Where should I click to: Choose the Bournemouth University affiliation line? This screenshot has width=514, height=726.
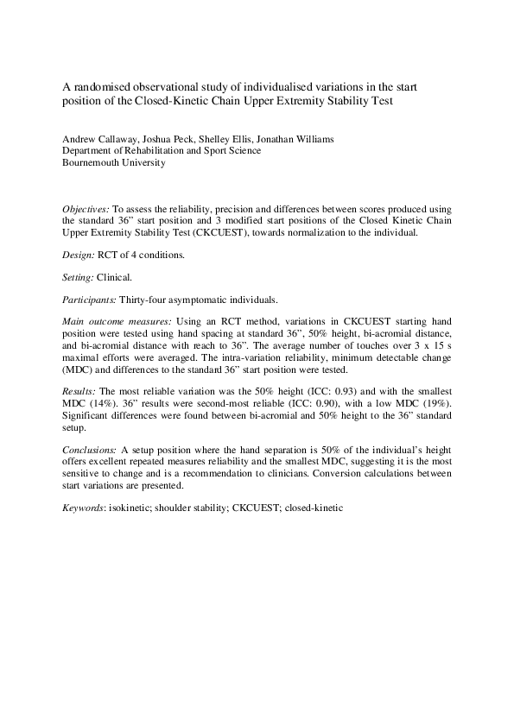pos(112,162)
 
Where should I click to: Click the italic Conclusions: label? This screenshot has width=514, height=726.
pos(90,451)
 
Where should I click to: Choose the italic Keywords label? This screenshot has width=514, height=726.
pos(86,508)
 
